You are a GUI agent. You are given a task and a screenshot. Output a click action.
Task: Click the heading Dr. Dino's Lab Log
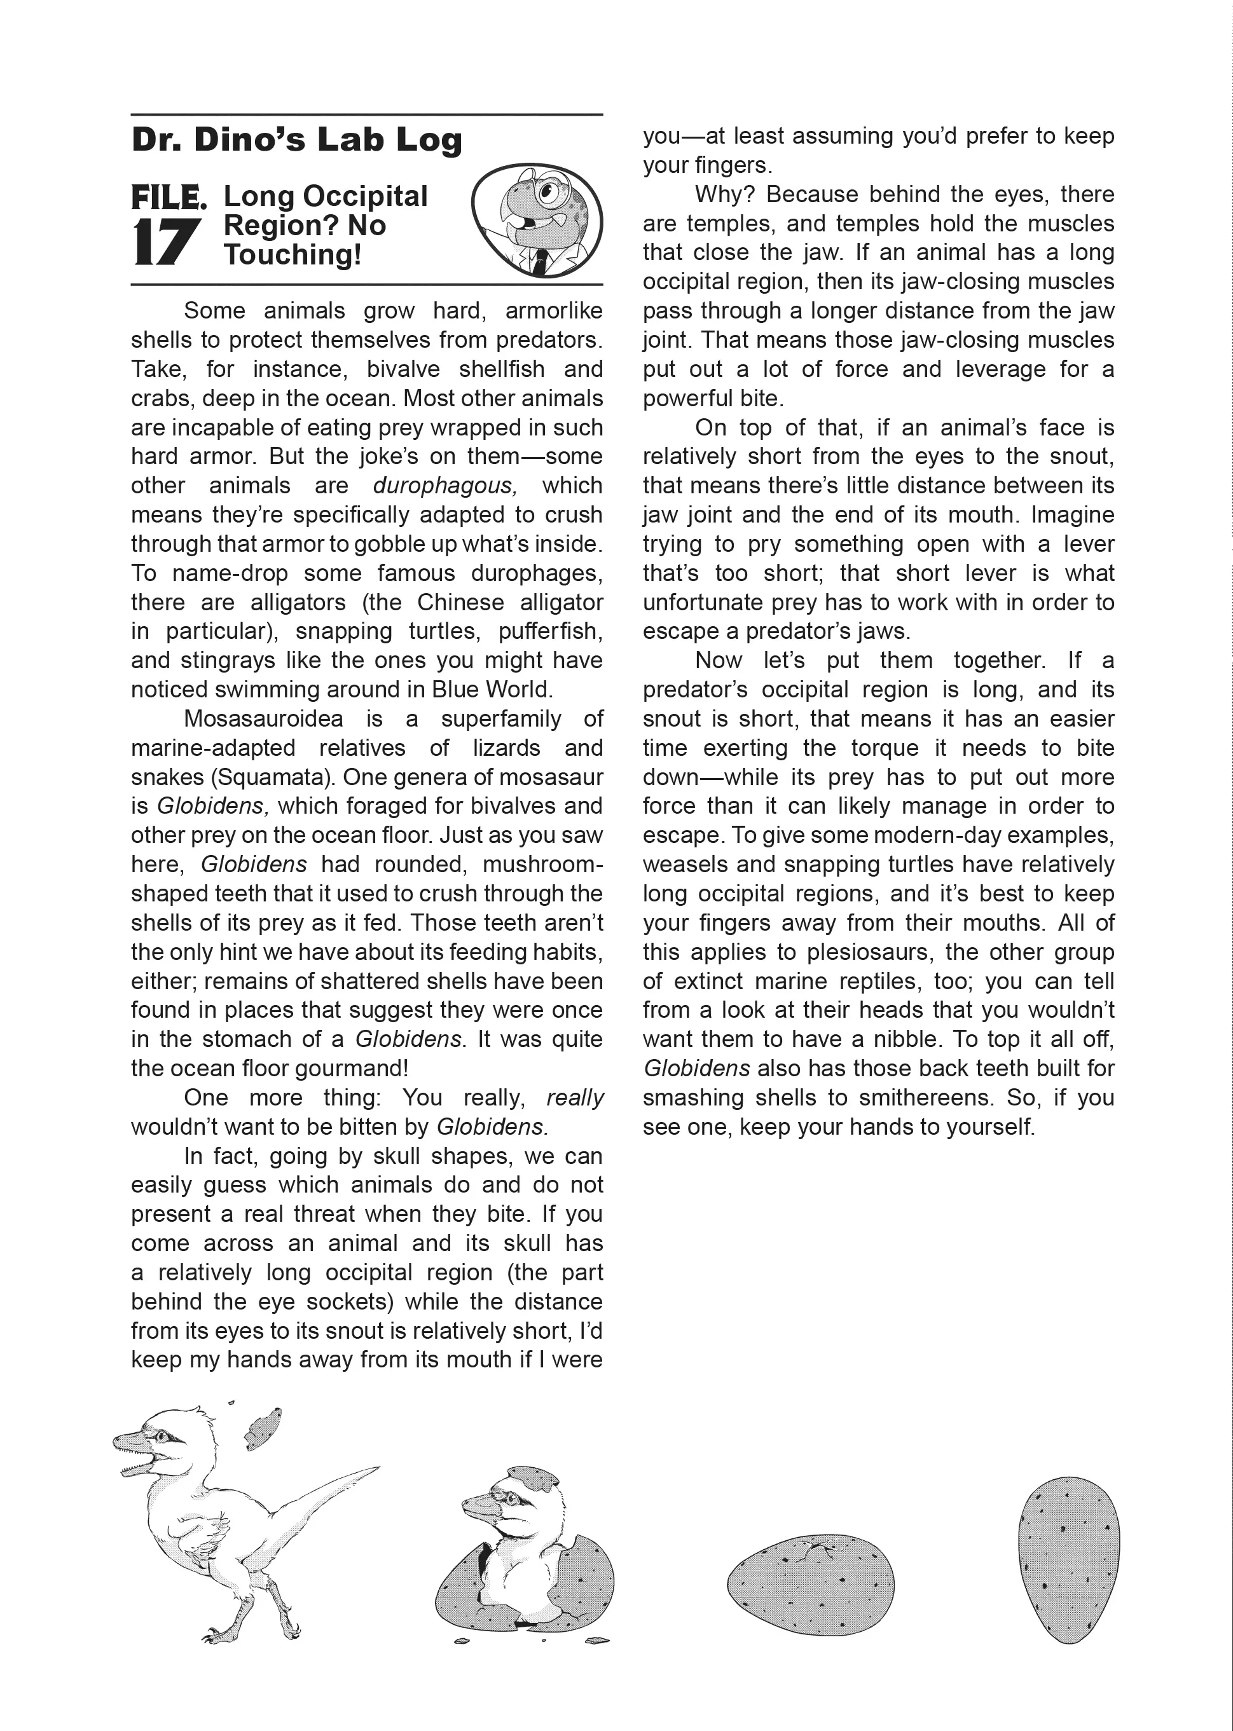[296, 140]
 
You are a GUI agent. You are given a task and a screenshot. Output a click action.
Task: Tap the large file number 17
[166, 243]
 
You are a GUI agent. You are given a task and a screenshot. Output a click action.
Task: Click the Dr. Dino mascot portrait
[537, 221]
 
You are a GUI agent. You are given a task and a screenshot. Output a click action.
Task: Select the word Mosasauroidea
[263, 719]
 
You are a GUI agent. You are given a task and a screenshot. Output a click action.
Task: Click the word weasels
[686, 865]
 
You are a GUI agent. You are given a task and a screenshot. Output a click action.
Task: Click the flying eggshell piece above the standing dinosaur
[262, 1427]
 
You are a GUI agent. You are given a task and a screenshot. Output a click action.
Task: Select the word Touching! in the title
[293, 255]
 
